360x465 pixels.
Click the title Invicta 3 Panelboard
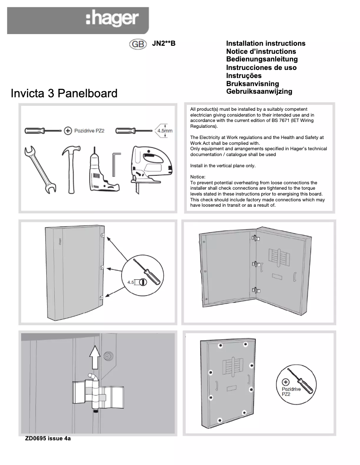pyautogui.click(x=64, y=93)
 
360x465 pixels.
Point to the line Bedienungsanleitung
pyautogui.click(x=262, y=59)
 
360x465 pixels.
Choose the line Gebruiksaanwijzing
pyautogui.click(x=259, y=91)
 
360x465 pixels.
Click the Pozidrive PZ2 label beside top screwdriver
pyautogui.click(x=89, y=130)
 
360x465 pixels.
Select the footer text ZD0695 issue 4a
pyautogui.click(x=48, y=439)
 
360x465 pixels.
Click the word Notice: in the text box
pyautogui.click(x=198, y=177)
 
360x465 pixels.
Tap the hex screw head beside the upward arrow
pyautogui.click(x=108, y=356)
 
